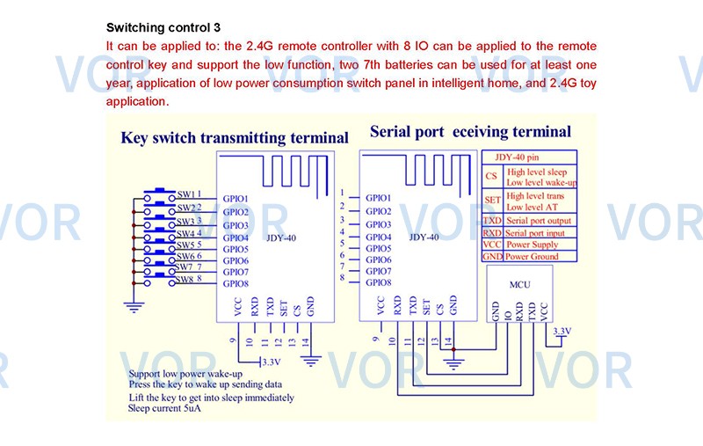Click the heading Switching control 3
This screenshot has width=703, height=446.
[x=163, y=27]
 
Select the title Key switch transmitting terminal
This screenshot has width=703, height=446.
[x=234, y=137]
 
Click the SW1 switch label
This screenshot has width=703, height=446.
[x=186, y=194]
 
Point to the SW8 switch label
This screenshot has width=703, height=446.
[x=185, y=280]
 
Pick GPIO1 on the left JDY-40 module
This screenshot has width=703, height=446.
[x=236, y=200]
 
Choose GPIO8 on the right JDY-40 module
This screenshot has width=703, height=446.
[x=379, y=282]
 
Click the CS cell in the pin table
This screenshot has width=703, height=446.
[x=492, y=176]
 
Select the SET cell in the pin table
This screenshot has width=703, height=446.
[x=492, y=201]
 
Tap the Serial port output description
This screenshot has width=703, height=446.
[x=539, y=220]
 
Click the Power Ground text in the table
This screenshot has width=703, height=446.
[x=533, y=257]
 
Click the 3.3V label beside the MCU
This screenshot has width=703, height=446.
[x=562, y=331]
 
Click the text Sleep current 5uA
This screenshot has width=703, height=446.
[x=163, y=408]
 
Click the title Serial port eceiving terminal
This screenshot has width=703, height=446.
[x=470, y=132]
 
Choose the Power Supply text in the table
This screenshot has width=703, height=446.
[x=533, y=245]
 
